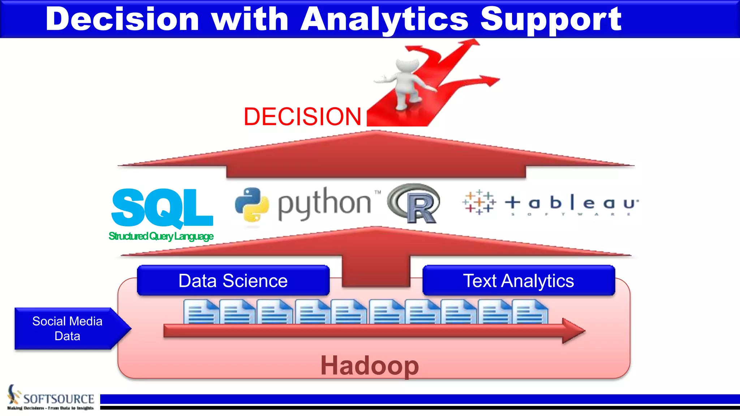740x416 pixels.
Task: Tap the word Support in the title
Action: pos(551,20)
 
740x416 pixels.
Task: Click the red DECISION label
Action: pos(302,117)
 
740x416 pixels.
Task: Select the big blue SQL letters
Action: pos(162,207)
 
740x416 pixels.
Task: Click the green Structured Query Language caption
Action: pos(161,236)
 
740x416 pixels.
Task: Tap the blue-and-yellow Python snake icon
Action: pos(252,204)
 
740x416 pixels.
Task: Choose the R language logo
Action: pos(415,203)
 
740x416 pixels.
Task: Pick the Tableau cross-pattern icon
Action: pos(479,202)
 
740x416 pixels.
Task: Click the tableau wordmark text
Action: pos(571,203)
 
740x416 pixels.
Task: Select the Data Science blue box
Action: pos(233,281)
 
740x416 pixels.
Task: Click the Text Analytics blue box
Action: pos(519,281)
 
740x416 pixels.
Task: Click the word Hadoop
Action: pos(370,365)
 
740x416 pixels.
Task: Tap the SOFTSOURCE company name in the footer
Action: pos(59,399)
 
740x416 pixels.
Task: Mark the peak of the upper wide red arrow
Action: pos(376,132)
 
